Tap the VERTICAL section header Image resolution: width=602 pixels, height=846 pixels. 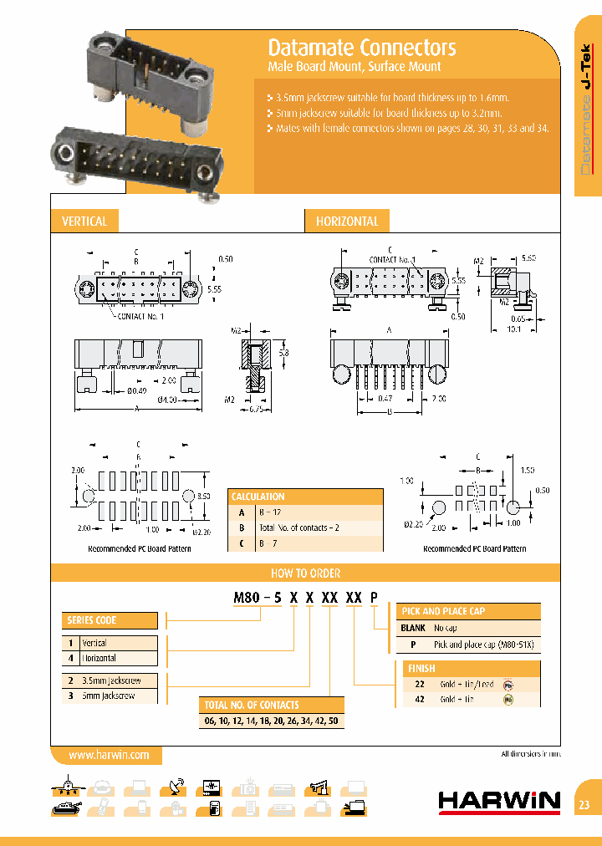click(84, 222)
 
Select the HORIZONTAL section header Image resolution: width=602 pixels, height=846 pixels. click(347, 222)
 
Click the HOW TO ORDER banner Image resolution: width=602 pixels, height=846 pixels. click(305, 573)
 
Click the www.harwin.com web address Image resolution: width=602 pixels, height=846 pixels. click(109, 755)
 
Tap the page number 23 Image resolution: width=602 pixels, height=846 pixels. click(584, 805)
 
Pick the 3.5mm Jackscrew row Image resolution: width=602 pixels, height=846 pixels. click(110, 681)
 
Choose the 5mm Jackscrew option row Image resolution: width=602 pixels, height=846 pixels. click(110, 696)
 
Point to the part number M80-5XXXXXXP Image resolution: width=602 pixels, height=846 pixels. click(304, 596)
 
